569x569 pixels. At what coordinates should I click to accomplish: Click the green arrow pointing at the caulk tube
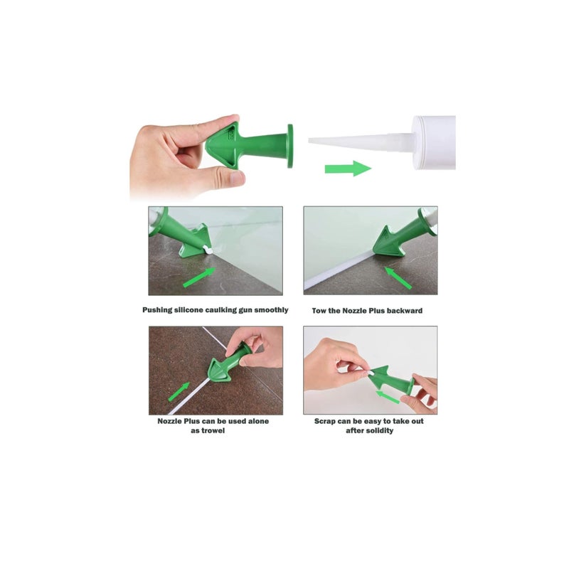point(347,169)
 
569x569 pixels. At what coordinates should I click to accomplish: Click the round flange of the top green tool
point(289,146)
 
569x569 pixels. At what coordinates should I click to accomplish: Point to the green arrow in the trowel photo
point(179,391)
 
